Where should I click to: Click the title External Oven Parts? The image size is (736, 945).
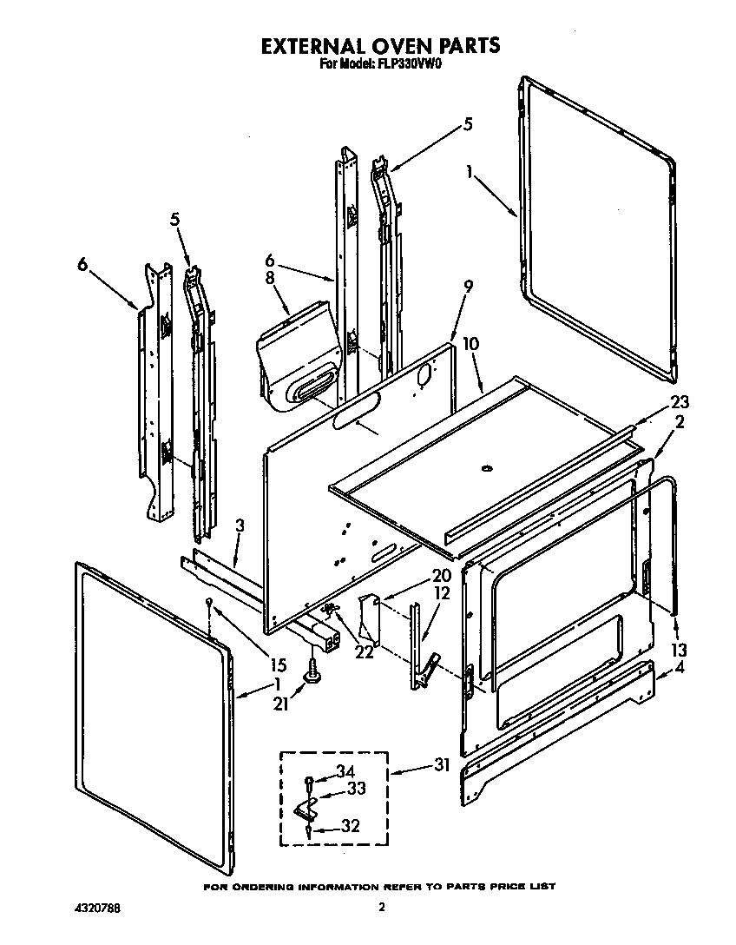pos(381,45)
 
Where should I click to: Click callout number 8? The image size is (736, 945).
pos(270,280)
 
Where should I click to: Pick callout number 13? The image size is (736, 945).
pos(678,650)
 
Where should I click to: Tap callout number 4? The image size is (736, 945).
pos(680,668)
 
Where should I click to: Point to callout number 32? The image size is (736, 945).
pos(350,826)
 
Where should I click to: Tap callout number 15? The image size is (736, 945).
pos(278,666)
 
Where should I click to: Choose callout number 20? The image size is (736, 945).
pos(417,576)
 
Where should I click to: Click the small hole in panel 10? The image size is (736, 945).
pos(487,470)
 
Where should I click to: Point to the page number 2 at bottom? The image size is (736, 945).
pos(381,909)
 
